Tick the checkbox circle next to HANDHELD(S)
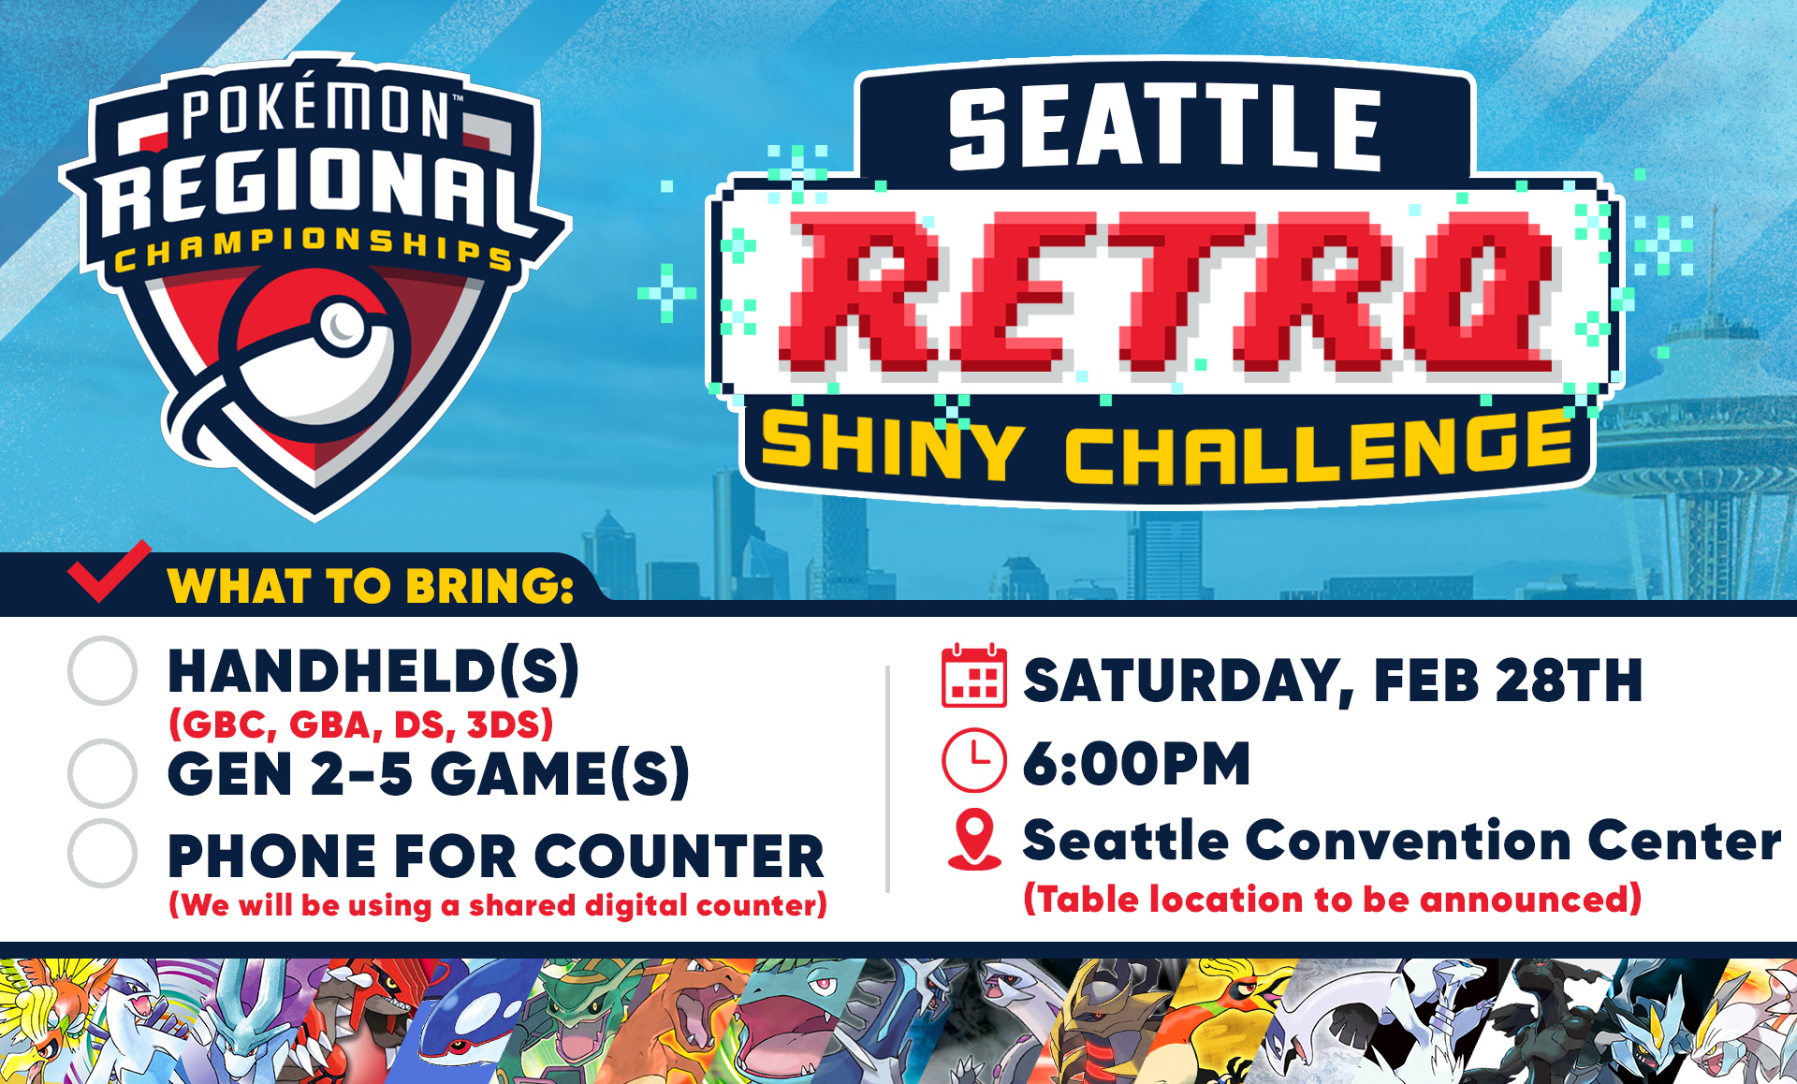coord(102,670)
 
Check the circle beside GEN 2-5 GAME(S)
coord(102,773)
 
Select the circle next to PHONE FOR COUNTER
coord(102,854)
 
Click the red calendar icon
coord(973,676)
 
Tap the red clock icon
coord(973,760)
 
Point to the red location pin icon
coord(974,840)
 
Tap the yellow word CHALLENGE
coord(1318,447)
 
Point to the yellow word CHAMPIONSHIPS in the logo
coord(314,249)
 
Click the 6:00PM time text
coord(1136,763)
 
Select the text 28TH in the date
coord(1568,680)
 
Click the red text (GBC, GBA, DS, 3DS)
coord(361,725)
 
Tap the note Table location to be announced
coord(1332,899)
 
